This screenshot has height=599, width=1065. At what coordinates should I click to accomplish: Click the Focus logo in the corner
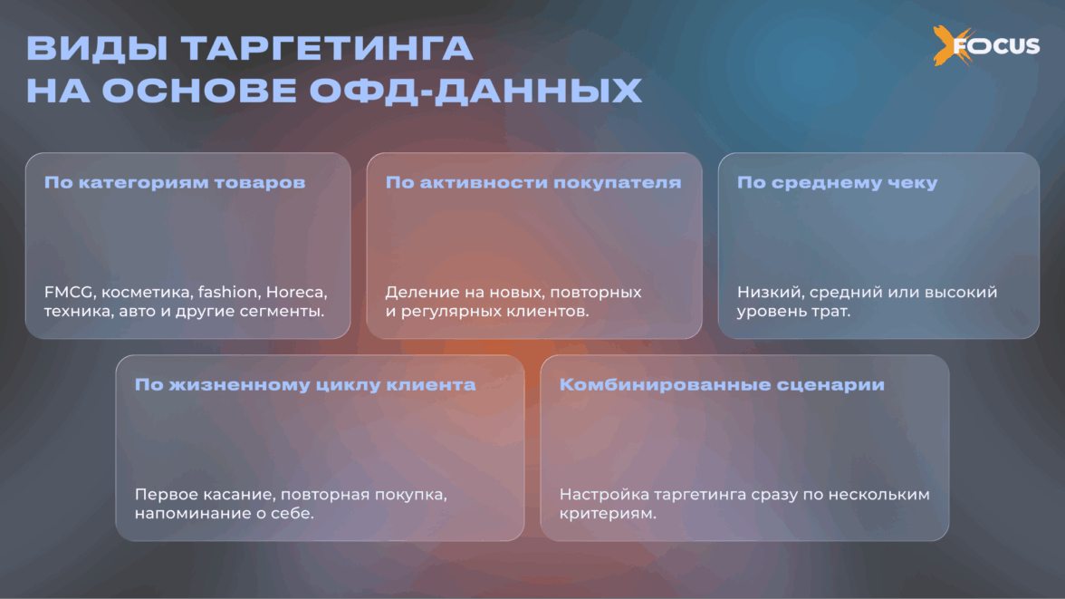[986, 45]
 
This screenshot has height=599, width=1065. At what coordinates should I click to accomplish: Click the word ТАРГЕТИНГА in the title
[327, 49]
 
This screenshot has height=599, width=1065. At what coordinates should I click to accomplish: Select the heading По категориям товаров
[175, 182]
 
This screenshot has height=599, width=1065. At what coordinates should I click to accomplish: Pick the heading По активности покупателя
[533, 182]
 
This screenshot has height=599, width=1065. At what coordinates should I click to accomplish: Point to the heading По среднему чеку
[837, 182]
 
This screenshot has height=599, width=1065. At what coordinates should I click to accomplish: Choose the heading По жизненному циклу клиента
[305, 385]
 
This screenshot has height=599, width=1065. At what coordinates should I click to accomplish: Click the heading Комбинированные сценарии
[722, 385]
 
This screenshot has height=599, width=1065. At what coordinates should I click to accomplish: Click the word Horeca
[296, 293]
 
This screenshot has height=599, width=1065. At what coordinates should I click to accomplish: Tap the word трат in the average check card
[830, 312]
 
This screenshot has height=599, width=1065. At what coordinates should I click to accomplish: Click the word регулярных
[449, 312]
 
